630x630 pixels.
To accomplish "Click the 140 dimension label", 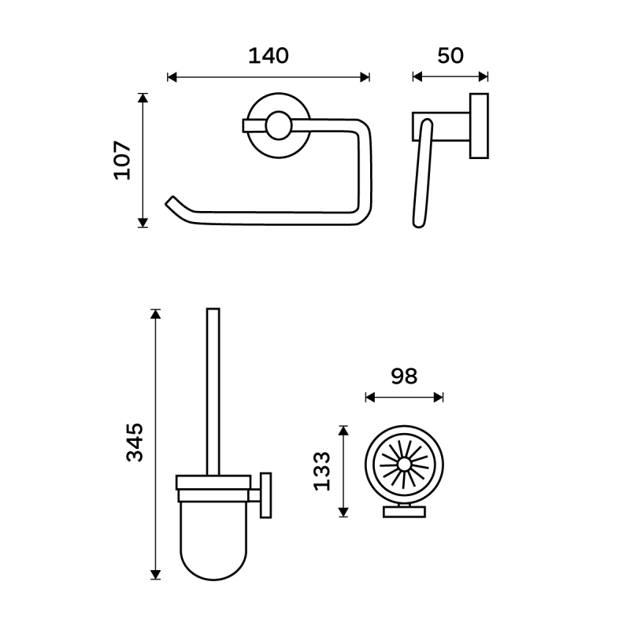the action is coord(269,56).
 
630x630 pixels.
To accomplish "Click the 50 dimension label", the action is coord(450,56).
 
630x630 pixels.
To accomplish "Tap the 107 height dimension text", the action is coord(123,160).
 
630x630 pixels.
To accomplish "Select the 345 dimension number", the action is coord(135,443).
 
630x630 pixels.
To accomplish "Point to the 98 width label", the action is coord(404,376).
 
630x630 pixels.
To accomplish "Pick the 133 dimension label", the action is coord(321,471).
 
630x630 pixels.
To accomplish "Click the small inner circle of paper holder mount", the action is coord(279,126).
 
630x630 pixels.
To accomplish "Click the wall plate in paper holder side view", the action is coord(479,126).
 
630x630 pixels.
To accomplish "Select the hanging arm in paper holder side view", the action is coord(423,173).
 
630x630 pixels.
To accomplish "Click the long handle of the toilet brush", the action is coord(213,391).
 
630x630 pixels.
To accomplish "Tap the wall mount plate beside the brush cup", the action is coord(265,495).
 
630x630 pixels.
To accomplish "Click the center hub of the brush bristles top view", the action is coord(404,465).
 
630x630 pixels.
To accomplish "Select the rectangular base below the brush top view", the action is coord(404,512).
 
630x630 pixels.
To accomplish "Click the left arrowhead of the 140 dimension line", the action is coord(172,77).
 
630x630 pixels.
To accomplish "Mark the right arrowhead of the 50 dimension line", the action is coord(484,76).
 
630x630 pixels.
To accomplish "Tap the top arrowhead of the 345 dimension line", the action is coord(155,313).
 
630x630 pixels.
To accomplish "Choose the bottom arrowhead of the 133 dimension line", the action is coord(343,513).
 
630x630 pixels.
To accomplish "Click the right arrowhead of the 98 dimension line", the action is coord(439,398).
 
